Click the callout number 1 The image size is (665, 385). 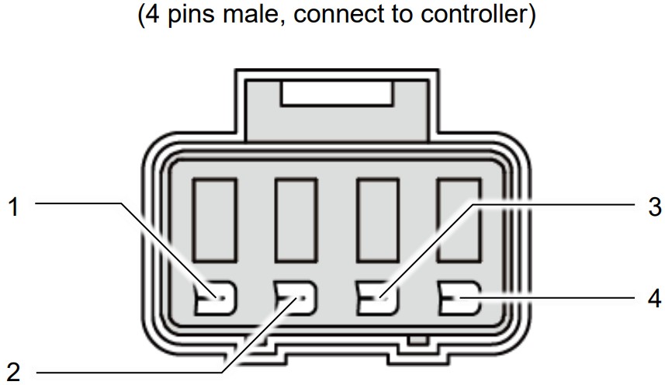[x=12, y=207]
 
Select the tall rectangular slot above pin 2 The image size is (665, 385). [x=296, y=220]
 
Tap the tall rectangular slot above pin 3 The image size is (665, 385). [x=377, y=220]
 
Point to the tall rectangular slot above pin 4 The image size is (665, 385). [x=458, y=220]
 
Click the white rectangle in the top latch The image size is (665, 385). [x=337, y=95]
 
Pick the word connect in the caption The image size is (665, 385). [x=334, y=16]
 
